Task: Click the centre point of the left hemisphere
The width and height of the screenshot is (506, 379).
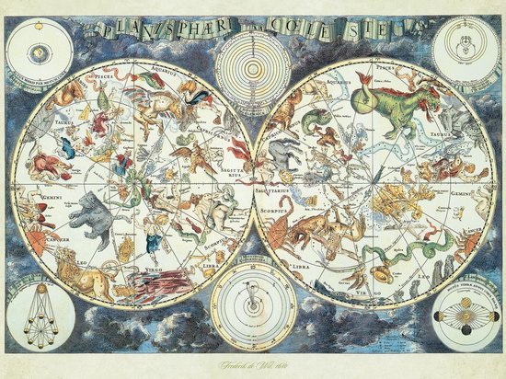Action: [135, 182]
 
